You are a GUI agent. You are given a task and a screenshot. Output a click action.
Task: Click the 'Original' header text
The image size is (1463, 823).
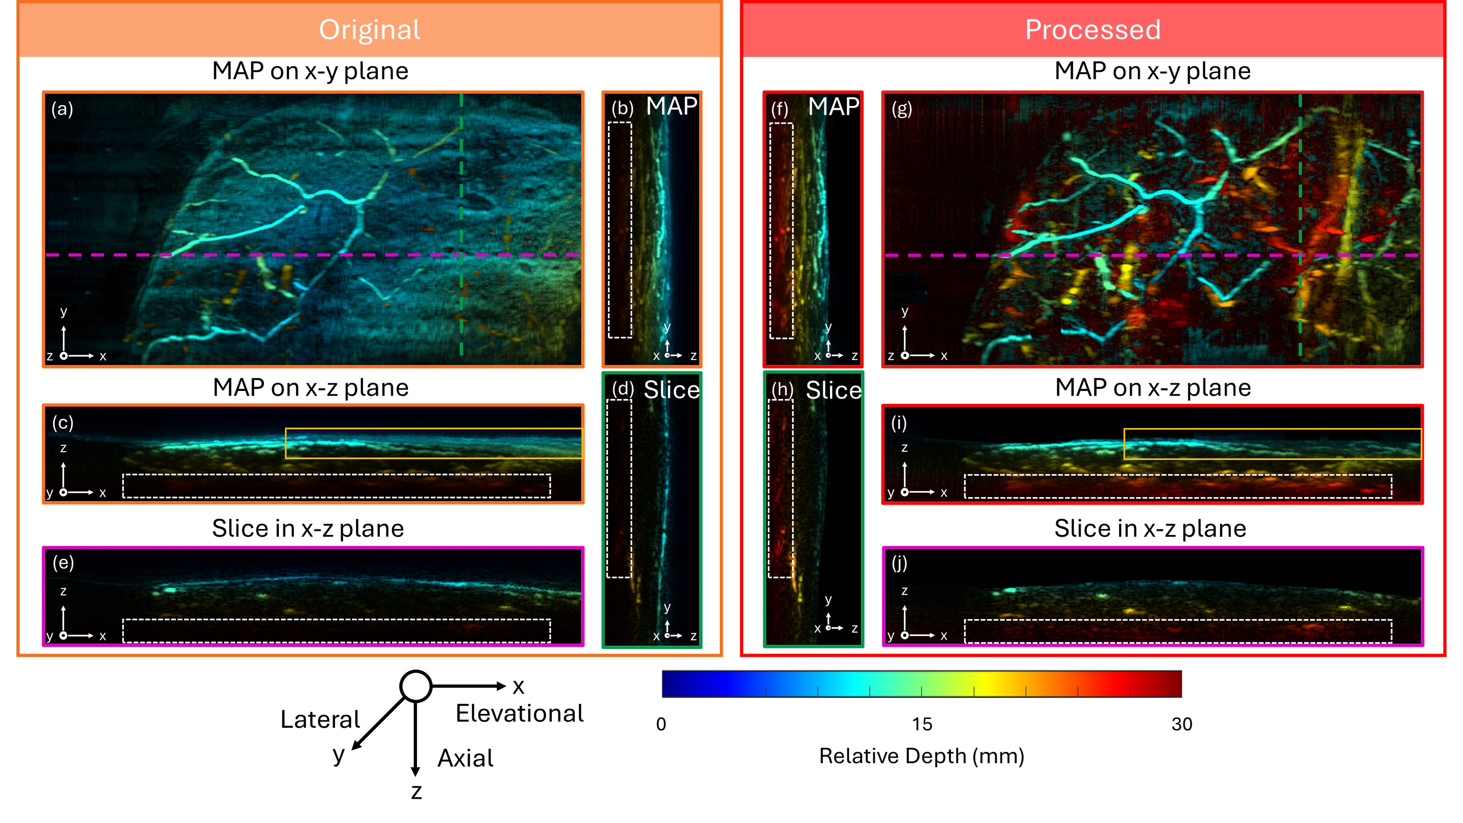click(369, 30)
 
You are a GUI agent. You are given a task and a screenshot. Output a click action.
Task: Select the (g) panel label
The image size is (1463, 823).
click(901, 109)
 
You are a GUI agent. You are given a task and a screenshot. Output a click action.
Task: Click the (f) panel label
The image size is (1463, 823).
click(779, 109)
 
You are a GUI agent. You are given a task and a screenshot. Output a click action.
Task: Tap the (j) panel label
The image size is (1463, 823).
click(899, 563)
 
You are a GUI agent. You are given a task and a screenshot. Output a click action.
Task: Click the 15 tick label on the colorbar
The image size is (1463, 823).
click(922, 724)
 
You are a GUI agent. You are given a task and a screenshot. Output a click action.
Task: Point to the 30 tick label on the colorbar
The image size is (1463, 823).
click(1181, 724)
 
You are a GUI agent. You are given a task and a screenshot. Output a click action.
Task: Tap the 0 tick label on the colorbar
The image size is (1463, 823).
click(661, 724)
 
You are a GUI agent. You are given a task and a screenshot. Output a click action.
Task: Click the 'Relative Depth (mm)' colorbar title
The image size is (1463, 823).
click(921, 756)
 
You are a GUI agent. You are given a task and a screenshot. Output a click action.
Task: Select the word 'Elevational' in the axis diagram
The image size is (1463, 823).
click(519, 713)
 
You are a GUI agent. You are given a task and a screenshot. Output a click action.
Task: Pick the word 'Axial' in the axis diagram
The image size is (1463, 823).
click(465, 758)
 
